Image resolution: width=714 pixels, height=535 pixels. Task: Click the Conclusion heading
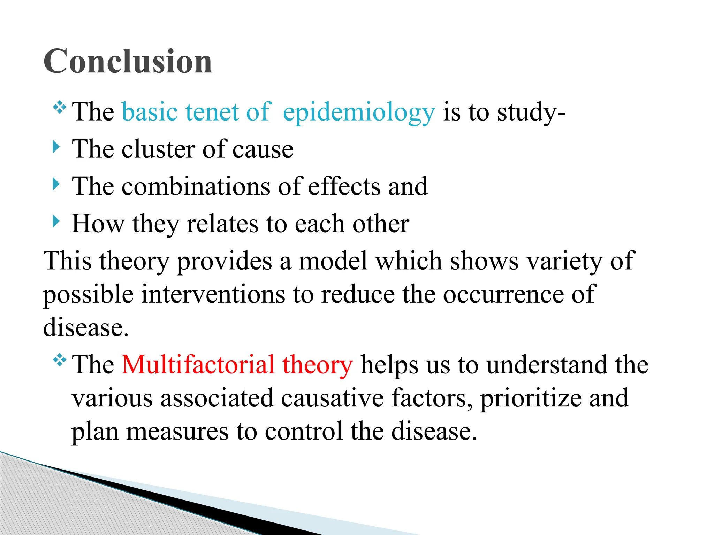tap(128, 62)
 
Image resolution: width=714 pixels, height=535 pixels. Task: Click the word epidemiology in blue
tap(359, 113)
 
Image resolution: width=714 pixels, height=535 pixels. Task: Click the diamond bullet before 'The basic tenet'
tap(60, 107)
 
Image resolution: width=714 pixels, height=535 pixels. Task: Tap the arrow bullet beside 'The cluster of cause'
tap(56, 147)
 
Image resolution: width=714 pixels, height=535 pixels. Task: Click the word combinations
tap(196, 186)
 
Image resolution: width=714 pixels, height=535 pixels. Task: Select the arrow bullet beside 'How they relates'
tap(56, 222)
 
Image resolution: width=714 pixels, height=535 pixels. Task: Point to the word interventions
tap(213, 294)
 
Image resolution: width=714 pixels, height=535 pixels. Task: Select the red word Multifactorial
tap(198, 364)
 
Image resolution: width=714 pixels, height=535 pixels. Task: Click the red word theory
tap(317, 365)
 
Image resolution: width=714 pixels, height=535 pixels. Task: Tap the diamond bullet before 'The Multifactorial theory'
tap(60, 360)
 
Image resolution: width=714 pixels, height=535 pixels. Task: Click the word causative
tap(332, 398)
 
